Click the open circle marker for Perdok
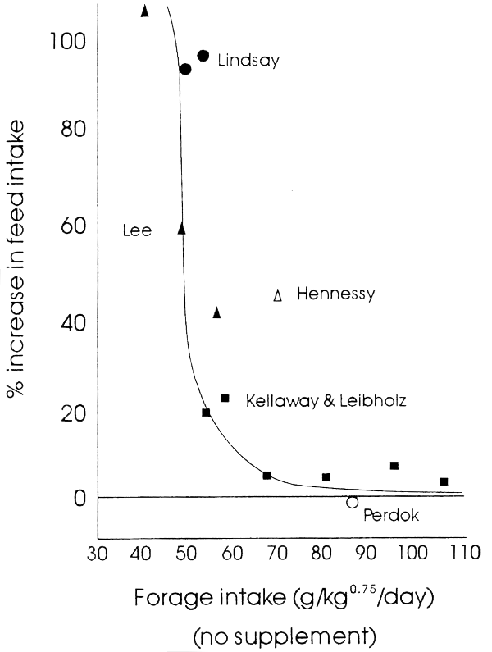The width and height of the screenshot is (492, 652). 353,502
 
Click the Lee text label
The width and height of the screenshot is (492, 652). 137,230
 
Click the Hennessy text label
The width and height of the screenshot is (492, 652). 335,294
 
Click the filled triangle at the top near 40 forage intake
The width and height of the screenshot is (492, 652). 145,11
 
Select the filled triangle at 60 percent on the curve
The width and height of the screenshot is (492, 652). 182,229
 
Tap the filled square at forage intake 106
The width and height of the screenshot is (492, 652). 444,481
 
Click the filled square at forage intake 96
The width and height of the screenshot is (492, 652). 394,466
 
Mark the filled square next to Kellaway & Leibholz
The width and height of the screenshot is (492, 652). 225,398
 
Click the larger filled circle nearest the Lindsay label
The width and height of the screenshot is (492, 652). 203,55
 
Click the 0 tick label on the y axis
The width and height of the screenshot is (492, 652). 80,497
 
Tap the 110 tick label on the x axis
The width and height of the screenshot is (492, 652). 453,554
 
